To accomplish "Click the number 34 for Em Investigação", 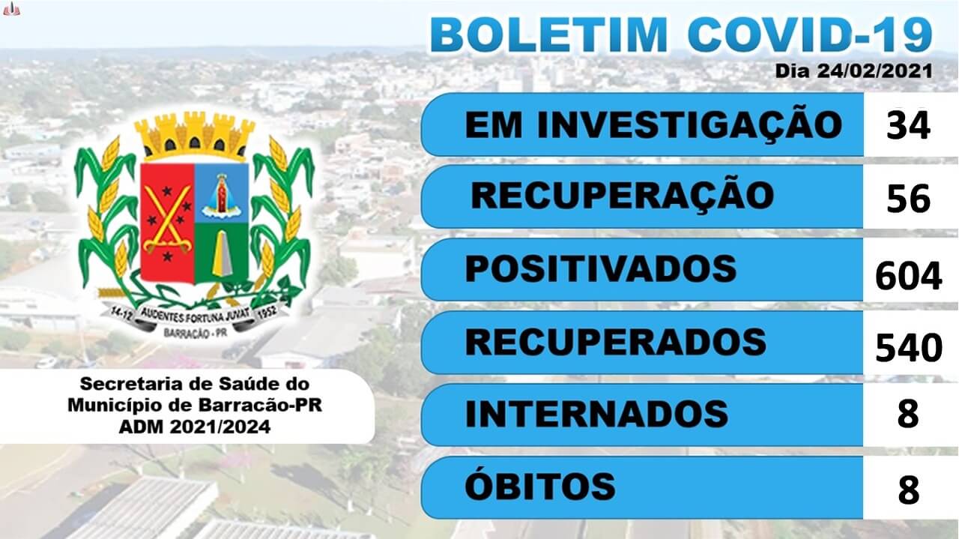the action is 908,125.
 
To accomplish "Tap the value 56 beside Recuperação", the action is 908,199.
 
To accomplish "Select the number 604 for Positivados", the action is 909,277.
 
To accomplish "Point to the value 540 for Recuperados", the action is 909,348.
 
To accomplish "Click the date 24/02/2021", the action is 874,70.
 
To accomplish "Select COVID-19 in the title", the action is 810,34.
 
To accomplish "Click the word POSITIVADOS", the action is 601,268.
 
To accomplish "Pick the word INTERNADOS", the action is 596,414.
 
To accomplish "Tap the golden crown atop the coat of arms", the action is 195,135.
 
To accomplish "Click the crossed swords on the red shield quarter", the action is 167,220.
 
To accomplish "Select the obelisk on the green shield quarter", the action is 223,253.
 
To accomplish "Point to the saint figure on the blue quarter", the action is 221,196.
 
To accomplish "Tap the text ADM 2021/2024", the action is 195,427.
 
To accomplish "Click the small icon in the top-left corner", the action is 11,10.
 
